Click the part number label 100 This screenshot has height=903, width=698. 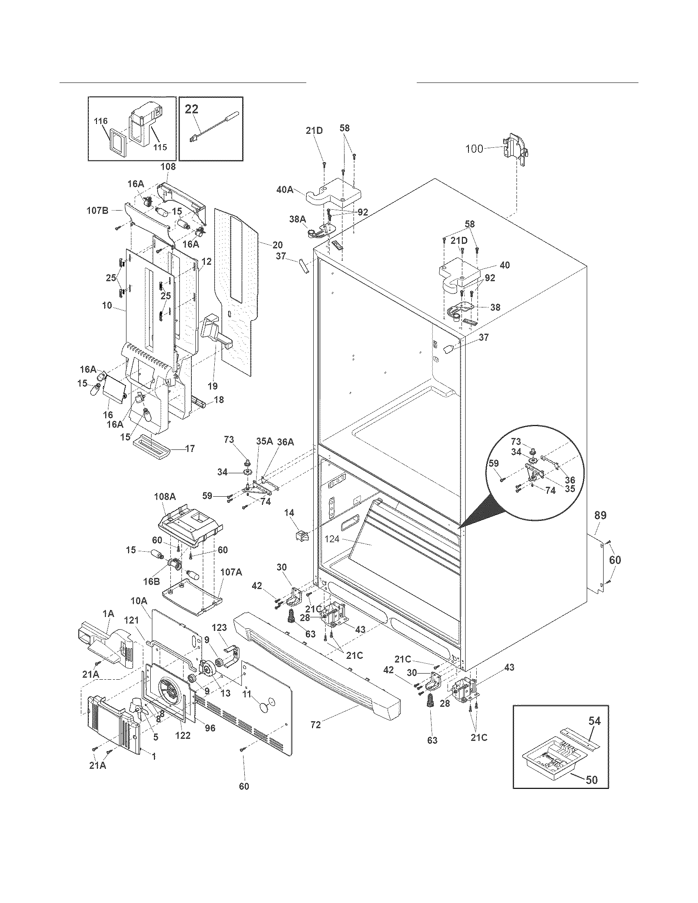474,149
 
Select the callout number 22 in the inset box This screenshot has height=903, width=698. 191,109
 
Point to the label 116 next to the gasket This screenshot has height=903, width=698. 101,121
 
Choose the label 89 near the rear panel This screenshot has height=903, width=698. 600,515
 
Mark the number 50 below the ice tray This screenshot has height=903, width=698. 592,779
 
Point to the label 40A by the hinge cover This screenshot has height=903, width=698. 285,190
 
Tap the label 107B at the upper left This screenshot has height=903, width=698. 98,211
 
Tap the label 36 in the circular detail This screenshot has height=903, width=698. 570,481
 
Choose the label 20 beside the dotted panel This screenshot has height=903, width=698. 278,245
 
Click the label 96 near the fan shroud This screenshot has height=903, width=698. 210,728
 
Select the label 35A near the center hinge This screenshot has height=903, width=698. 264,441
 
